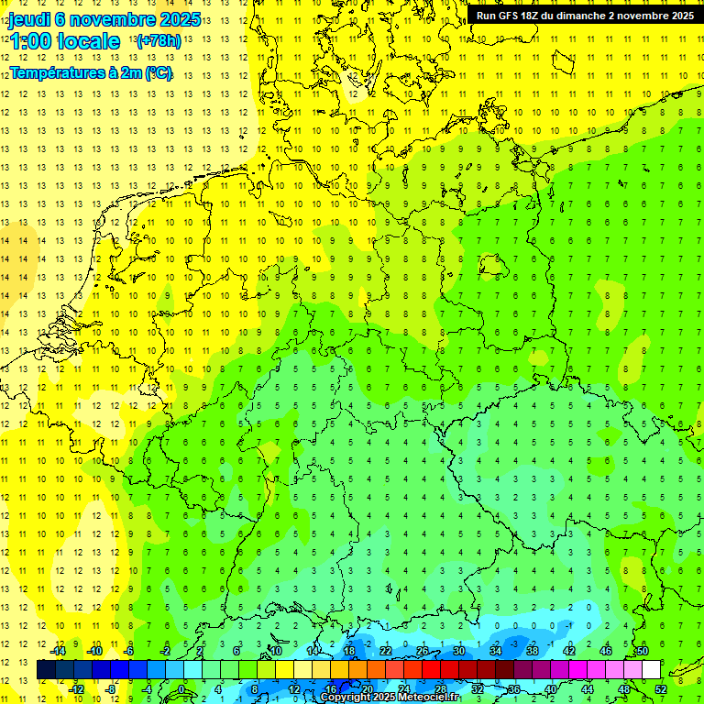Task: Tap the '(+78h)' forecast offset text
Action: tap(159, 41)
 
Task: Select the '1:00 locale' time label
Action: tap(64, 41)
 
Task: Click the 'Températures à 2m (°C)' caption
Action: tap(91, 73)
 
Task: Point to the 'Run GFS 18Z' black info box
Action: tap(585, 15)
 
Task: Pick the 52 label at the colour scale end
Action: tap(661, 688)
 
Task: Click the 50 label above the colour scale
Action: tap(643, 651)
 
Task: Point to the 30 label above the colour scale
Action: tap(459, 651)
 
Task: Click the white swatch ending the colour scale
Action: tap(652, 670)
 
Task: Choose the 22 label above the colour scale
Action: tap(386, 651)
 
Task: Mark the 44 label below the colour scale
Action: tap(588, 688)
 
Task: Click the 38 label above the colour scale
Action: tap(533, 651)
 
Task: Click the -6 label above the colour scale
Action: tap(130, 651)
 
